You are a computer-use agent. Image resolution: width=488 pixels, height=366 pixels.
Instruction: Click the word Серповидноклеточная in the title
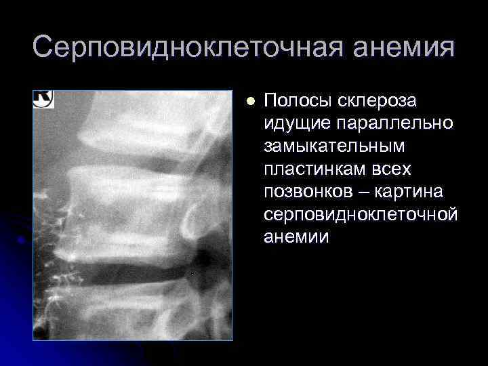point(163,49)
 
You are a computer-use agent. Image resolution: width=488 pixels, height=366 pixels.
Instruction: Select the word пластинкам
point(307,169)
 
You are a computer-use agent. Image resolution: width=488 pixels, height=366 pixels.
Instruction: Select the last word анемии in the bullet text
point(296,237)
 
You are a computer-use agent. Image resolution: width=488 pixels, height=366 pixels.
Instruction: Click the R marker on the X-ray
point(43,99)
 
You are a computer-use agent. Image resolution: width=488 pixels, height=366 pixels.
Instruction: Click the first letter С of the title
point(42,49)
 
